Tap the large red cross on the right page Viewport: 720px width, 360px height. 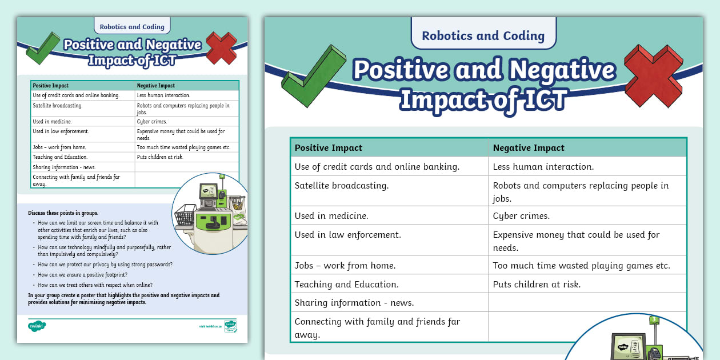653,75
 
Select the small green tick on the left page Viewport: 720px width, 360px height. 42,49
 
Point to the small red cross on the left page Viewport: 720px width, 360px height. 221,48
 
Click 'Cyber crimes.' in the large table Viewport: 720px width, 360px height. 521,216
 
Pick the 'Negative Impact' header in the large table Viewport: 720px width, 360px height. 529,148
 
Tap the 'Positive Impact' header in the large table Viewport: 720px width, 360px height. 328,148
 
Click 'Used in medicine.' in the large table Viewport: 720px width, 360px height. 331,216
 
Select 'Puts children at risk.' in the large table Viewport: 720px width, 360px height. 537,284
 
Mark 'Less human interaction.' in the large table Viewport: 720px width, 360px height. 543,167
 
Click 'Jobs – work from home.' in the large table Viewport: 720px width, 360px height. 345,266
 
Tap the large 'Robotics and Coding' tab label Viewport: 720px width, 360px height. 483,36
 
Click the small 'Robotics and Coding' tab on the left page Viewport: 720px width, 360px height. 132,27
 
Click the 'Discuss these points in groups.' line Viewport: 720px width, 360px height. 63,213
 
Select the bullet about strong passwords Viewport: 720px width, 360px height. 105,265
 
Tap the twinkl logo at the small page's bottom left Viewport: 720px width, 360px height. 37,326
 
